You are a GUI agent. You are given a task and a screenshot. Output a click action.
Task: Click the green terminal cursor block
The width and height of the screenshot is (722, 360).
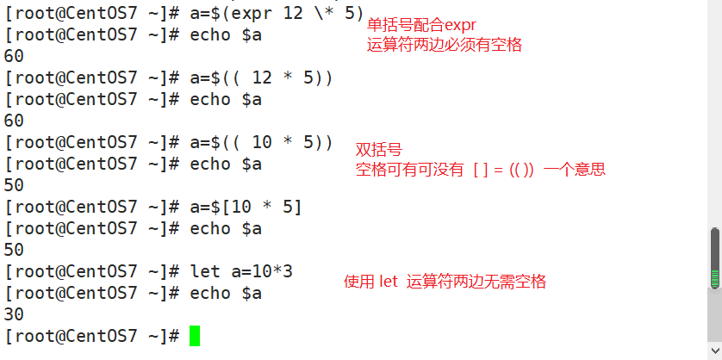(195, 335)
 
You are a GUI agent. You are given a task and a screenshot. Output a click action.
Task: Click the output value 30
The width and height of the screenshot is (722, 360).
(15, 314)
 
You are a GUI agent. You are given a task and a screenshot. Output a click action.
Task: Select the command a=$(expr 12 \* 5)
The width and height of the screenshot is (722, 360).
(277, 14)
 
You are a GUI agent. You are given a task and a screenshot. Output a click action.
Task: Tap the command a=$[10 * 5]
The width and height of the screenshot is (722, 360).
(246, 207)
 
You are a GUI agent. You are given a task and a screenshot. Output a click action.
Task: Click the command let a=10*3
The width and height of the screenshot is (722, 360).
(241, 271)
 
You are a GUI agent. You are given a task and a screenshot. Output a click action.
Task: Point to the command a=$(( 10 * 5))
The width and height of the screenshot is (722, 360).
(261, 142)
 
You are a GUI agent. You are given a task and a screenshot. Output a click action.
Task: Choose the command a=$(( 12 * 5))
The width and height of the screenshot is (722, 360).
(261, 78)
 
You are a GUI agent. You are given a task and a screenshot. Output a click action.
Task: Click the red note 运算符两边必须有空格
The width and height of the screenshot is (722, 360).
(445, 45)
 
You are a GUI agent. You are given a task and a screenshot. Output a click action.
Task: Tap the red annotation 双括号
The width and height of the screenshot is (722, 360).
(379, 150)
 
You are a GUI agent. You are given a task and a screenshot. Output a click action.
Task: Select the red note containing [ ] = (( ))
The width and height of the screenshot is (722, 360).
(481, 170)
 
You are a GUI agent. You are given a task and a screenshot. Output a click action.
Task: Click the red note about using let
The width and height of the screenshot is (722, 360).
(445, 282)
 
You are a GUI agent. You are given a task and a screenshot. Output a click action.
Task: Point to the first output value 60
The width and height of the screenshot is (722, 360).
(15, 56)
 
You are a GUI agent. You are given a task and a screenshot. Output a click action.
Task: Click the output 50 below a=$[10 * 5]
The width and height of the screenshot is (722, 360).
(15, 250)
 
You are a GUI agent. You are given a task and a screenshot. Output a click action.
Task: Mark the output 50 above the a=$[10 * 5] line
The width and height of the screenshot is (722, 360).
(15, 185)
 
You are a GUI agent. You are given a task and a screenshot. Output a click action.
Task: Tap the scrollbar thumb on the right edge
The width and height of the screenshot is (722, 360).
(714, 258)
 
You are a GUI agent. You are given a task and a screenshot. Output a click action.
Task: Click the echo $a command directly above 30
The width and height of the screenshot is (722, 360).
(226, 293)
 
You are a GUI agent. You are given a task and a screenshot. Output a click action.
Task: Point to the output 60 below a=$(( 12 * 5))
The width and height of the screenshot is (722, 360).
(15, 121)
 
